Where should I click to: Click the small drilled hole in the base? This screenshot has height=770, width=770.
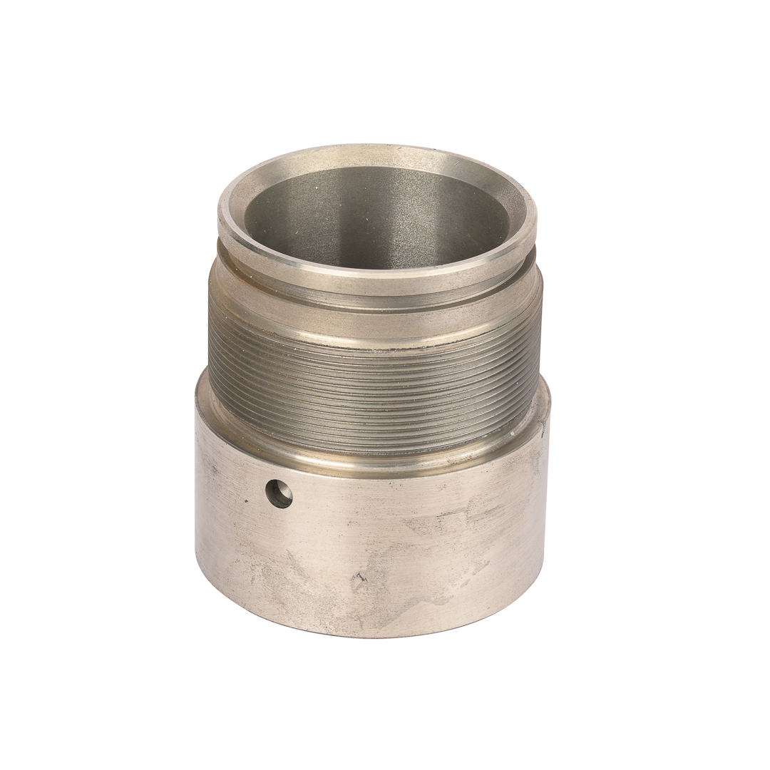pyautogui.click(x=279, y=493)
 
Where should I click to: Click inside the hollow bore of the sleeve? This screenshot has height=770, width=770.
pyautogui.click(x=378, y=214)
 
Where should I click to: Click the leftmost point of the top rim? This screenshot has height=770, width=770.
pyautogui.click(x=219, y=214)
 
